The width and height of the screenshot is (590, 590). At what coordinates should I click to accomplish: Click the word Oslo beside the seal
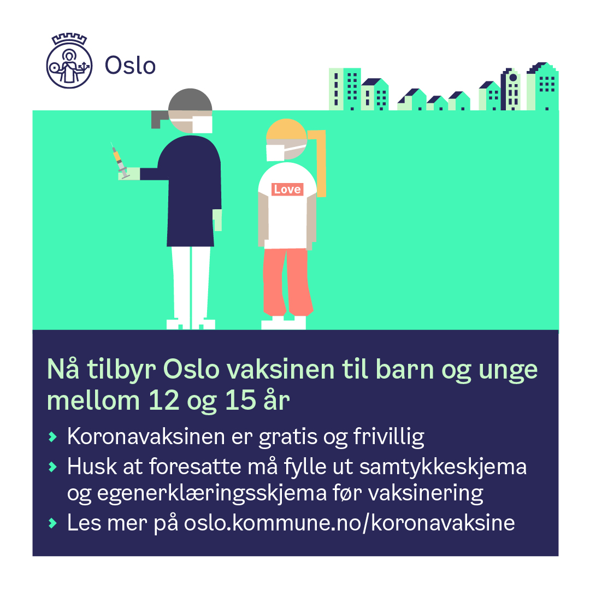pos(130,66)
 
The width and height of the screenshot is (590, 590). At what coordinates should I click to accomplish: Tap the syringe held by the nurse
pos(120,161)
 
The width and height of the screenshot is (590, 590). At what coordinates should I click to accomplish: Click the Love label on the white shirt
pos(287,189)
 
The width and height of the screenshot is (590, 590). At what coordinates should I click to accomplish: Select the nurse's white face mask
pos(203,124)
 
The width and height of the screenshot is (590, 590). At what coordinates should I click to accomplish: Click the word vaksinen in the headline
pos(281,369)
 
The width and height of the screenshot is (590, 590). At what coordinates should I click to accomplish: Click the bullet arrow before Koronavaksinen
pos(52,437)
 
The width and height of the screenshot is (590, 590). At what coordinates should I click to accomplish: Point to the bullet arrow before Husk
pos(52,467)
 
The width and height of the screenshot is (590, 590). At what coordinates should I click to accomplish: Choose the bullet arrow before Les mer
pos(52,523)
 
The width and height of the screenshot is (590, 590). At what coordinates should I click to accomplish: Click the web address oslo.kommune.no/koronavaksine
pos(349,523)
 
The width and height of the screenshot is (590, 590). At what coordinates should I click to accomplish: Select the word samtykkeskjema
pos(443,468)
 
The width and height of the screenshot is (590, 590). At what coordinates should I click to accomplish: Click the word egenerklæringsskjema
pos(212,494)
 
